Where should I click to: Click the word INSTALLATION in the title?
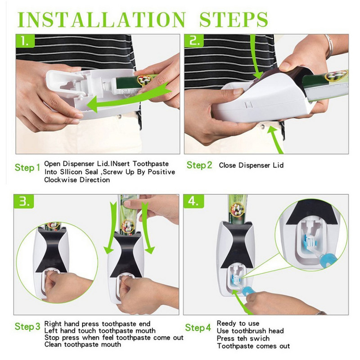pyautogui.click(x=102, y=19)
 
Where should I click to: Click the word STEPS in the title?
pyautogui.click(x=234, y=19)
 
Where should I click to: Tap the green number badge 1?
pyautogui.click(x=25, y=41)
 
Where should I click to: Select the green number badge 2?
pyautogui.click(x=194, y=41)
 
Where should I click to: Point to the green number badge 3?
pyautogui.click(x=24, y=201)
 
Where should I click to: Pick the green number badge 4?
pyautogui.click(x=193, y=201)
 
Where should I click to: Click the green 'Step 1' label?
pyautogui.click(x=27, y=167)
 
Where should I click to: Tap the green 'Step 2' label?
pyautogui.click(x=199, y=165)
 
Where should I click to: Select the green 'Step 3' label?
pyautogui.click(x=27, y=327)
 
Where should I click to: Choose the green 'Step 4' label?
pyautogui.click(x=198, y=328)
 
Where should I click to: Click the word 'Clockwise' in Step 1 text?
pyautogui.click(x=61, y=180)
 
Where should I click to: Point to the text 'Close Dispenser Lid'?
pyautogui.click(x=251, y=165)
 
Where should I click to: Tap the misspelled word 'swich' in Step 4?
pyautogui.click(x=260, y=338)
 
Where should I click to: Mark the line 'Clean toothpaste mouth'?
pyautogui.click(x=83, y=344)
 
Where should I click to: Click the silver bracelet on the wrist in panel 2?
pyautogui.click(x=329, y=46)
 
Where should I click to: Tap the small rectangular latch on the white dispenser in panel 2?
pyautogui.click(x=248, y=105)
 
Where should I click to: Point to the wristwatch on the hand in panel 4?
pyautogui.click(x=321, y=313)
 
